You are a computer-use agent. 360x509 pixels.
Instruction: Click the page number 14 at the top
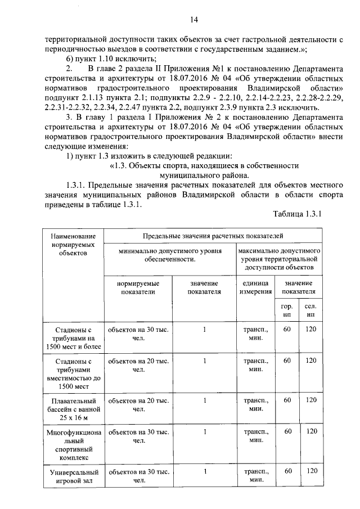click(x=194, y=21)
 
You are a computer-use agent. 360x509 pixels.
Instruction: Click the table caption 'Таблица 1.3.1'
click(x=296, y=214)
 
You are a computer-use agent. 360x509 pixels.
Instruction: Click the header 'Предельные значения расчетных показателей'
click(x=213, y=236)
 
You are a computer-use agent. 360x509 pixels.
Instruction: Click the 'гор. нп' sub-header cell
click(x=287, y=310)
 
